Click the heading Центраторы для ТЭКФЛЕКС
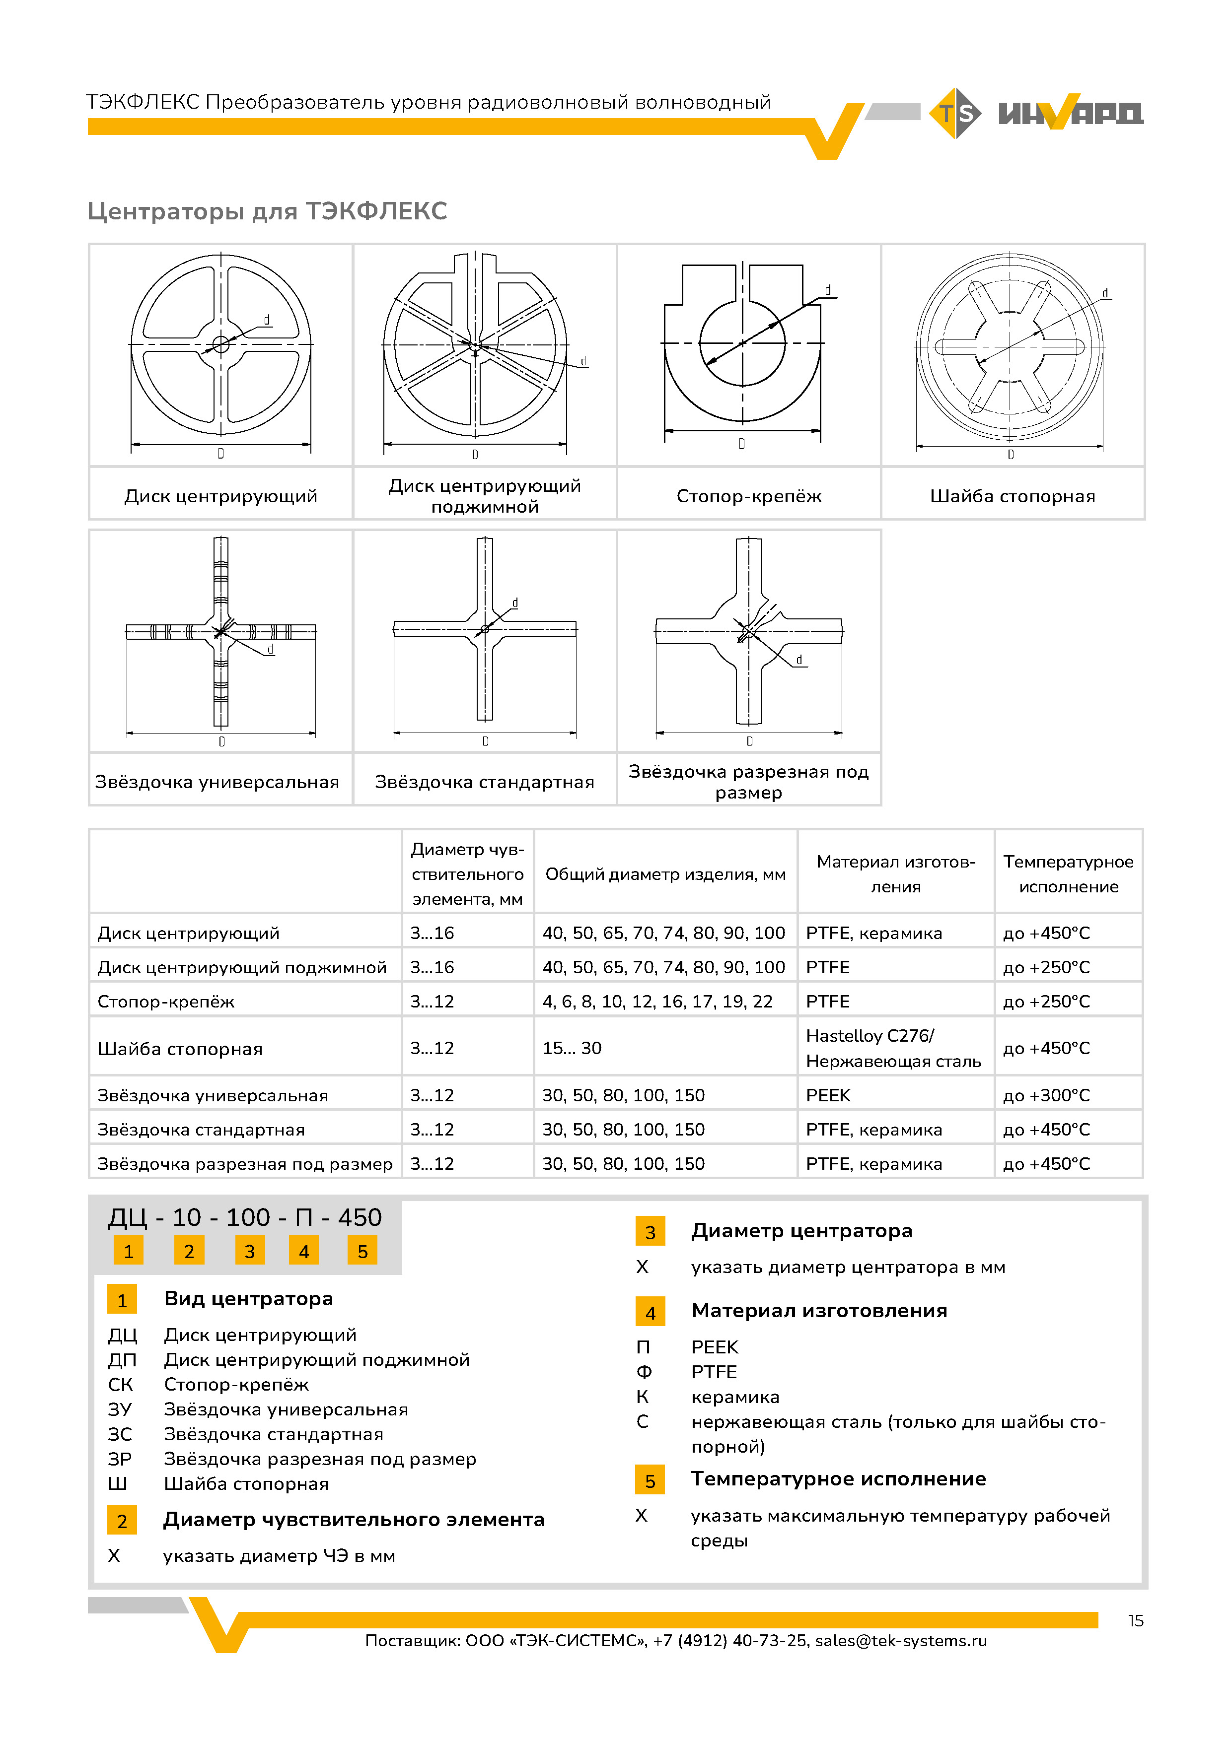tap(267, 211)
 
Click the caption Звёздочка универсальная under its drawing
tap(217, 782)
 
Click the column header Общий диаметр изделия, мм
tap(665, 874)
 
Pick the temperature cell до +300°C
tap(1046, 1095)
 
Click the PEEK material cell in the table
tap(828, 1095)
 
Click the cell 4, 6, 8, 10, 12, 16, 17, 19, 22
tap(657, 1002)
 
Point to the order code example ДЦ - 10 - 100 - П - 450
tap(245, 1217)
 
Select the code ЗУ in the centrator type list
tap(120, 1409)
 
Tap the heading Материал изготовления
tap(819, 1310)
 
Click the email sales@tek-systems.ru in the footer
tap(900, 1640)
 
